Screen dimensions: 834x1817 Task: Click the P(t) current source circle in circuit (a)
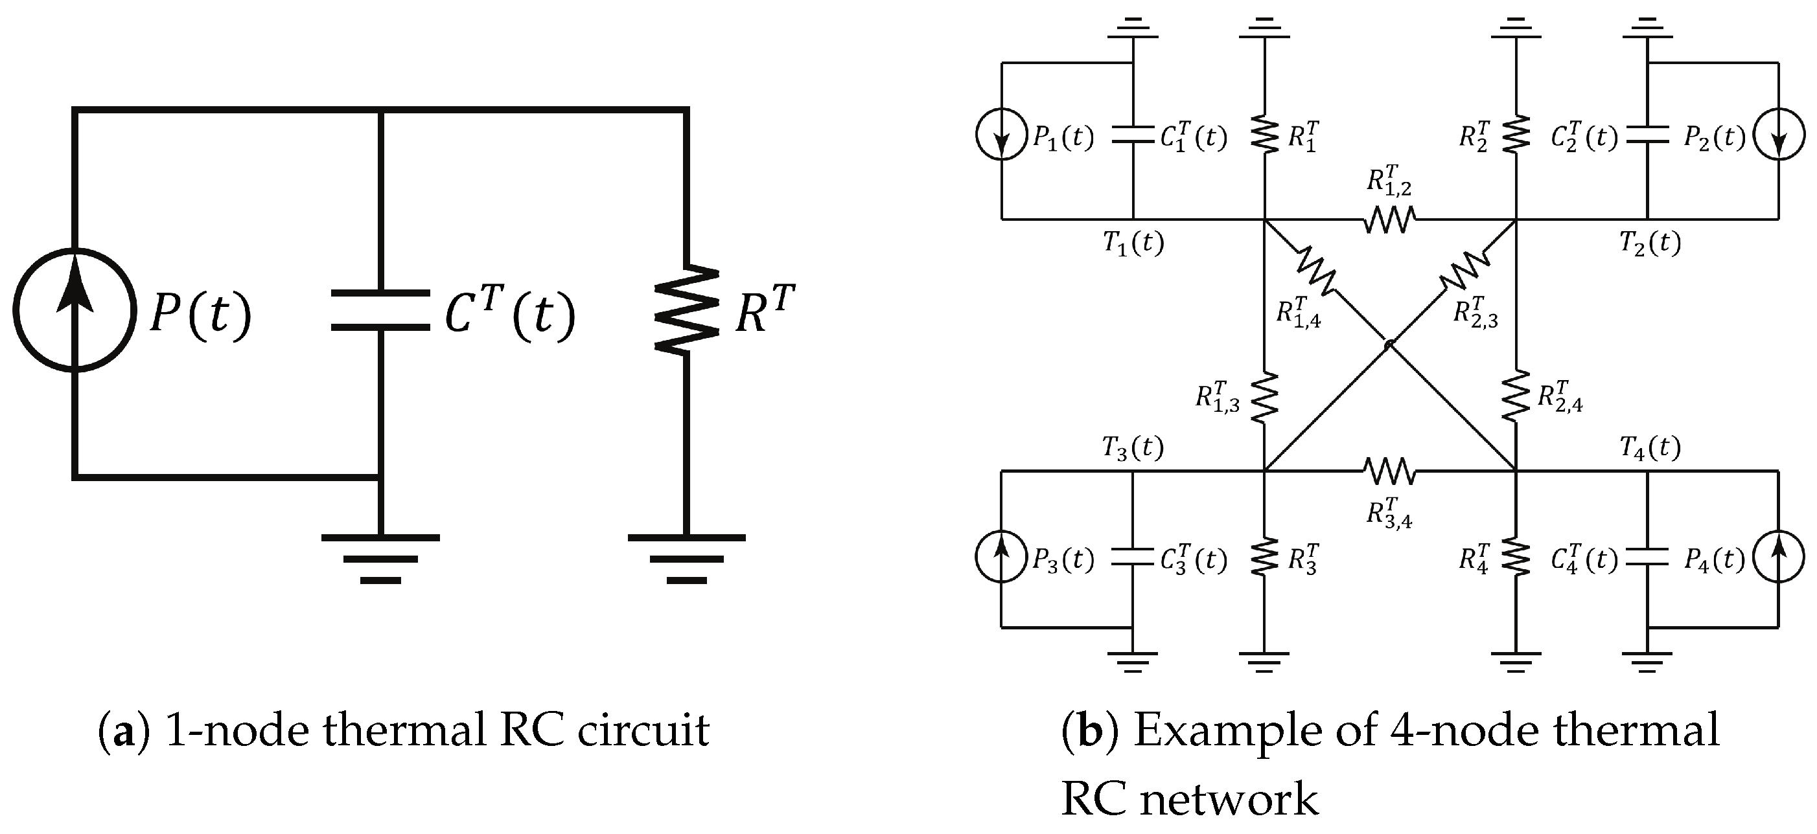74,309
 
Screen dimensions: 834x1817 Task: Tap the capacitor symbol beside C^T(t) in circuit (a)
380,310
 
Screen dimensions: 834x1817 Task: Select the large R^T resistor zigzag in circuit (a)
686,310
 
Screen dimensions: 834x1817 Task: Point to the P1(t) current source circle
1002,134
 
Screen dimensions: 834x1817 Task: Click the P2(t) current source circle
1779,134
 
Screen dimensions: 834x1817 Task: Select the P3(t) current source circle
1001,557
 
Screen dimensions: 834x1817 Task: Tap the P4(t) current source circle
1779,557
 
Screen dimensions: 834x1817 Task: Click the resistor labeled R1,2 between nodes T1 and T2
1389,220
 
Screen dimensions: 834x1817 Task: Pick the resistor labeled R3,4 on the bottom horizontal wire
1389,471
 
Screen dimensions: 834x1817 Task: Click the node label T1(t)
1133,243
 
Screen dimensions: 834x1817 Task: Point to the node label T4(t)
1650,447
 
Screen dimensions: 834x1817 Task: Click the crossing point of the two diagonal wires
1388,344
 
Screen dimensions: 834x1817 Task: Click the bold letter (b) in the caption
1090,730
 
